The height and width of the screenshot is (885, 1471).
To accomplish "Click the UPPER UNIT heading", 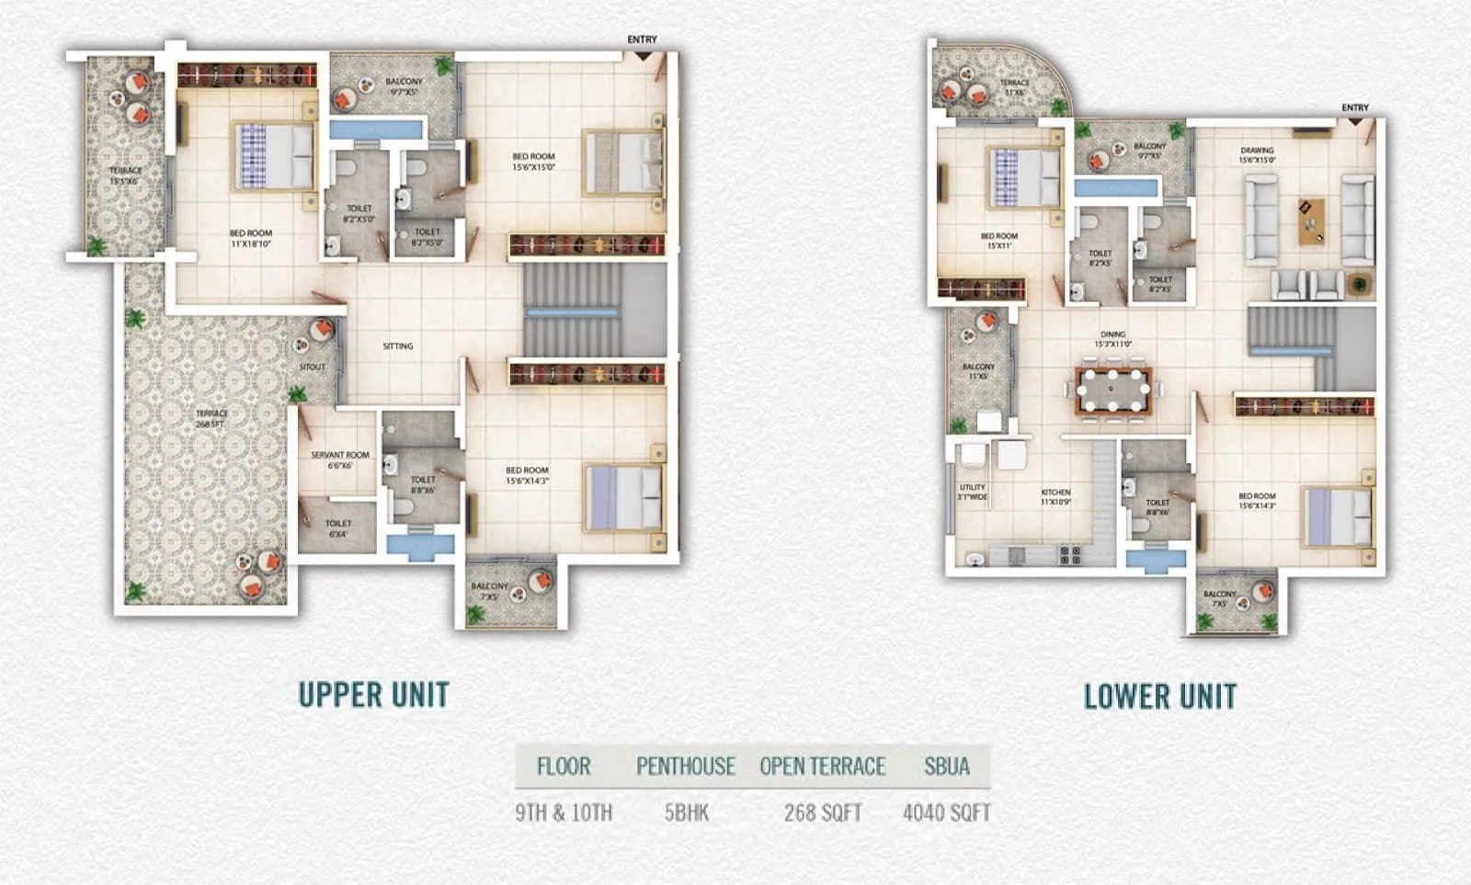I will click(373, 695).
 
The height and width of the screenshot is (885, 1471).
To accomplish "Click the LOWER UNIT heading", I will click(1160, 697).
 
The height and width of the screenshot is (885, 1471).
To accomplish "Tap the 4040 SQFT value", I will click(947, 812).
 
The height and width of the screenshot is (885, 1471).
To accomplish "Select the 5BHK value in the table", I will click(686, 812).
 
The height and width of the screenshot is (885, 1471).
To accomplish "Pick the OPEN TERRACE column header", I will click(822, 766).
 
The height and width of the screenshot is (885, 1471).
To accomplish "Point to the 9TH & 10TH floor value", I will click(564, 812).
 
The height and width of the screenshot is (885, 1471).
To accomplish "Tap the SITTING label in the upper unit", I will click(398, 346).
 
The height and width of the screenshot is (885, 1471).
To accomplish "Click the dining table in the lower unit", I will click(1112, 391).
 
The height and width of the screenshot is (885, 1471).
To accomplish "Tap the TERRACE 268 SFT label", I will click(211, 418).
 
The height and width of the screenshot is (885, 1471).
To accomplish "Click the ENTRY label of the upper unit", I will click(642, 40).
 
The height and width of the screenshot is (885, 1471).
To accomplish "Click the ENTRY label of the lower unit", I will click(1354, 108).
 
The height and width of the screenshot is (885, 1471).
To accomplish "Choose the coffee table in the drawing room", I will click(1312, 221).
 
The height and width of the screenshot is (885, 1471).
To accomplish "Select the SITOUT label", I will click(313, 367).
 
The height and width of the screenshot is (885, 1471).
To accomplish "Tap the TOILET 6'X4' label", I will click(338, 528).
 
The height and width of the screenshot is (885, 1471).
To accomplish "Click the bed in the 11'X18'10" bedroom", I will click(274, 156).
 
